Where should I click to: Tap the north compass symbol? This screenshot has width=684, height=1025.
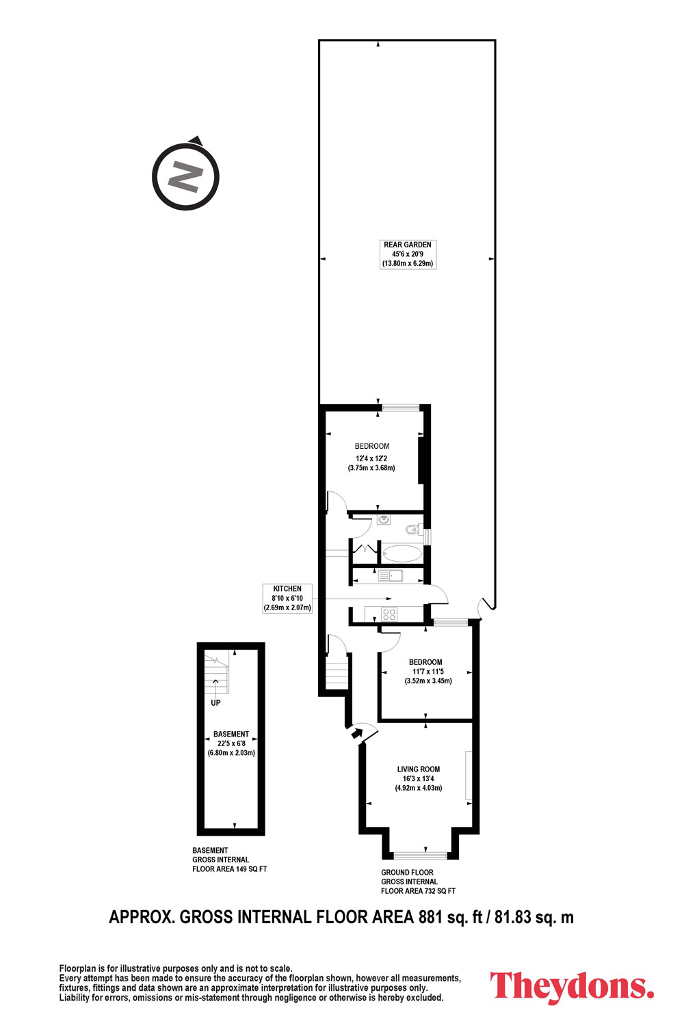185,176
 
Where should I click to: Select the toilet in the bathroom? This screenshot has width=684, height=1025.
412,530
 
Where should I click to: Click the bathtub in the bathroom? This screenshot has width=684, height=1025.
402,553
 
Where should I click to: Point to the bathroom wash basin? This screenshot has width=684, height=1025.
384,519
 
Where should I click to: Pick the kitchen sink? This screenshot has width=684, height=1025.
389,575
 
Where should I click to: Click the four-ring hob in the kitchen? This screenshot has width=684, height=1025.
389,614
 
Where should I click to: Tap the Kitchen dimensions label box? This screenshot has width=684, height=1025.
287,598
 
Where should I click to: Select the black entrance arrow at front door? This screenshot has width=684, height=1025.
356,733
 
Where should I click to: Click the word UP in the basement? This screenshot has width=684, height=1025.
215,702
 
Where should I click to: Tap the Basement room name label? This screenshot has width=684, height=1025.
231,734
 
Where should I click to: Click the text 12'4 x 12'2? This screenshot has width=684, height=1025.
371,458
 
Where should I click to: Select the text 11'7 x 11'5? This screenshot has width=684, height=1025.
428,671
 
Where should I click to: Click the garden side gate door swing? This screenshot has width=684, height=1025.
484,606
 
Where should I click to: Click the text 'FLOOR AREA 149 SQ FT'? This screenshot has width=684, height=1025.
230,869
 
